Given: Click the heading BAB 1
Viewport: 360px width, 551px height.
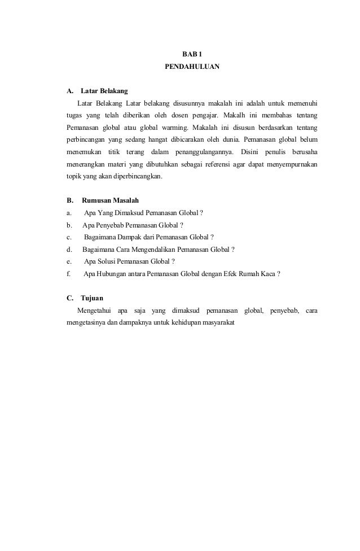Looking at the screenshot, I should point(191,54).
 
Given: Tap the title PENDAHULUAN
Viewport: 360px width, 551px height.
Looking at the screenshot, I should point(191,67).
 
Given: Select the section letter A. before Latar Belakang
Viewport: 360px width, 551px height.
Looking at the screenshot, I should point(71,91).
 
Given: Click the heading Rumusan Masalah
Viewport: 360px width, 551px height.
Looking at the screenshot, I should point(111,200).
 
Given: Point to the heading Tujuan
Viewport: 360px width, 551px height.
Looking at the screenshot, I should point(92,298).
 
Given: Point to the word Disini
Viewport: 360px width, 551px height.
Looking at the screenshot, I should point(250,152).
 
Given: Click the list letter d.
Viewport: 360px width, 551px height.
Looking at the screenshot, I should point(69,249).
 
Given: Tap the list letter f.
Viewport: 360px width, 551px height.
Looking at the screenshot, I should point(68,274).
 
